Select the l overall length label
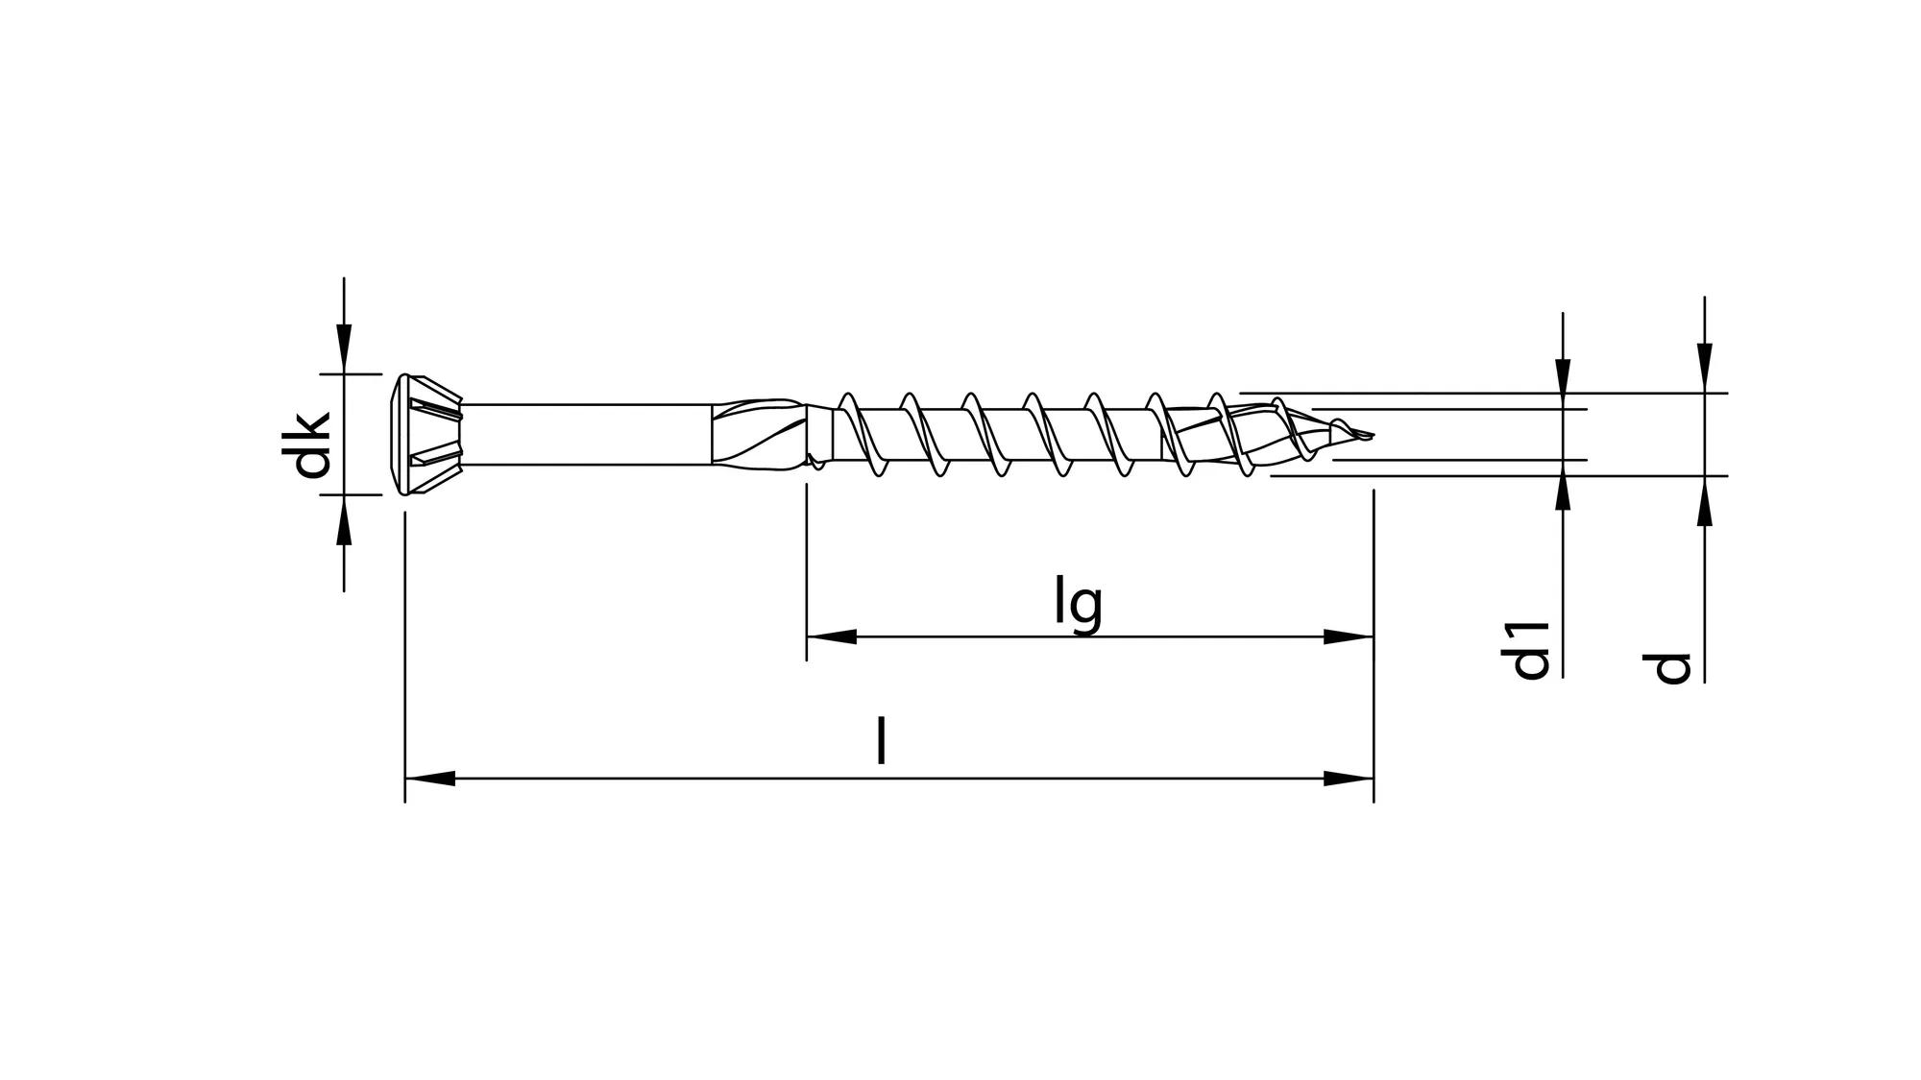tap(881, 740)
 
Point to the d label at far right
tap(1672, 667)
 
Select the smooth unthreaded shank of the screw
tap(586, 435)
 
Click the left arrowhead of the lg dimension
tap(830, 636)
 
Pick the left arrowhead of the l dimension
tap(429, 779)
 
